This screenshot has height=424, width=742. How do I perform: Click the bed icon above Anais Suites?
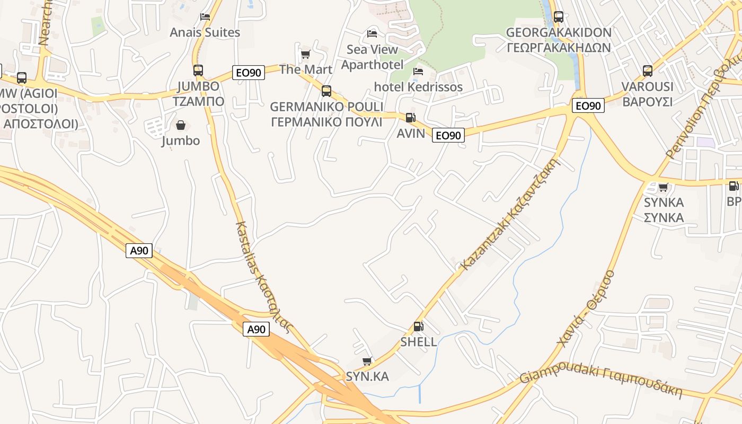click(205, 17)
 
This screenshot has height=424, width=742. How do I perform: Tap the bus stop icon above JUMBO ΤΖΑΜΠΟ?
click(198, 70)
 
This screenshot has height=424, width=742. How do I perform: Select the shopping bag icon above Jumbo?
click(181, 125)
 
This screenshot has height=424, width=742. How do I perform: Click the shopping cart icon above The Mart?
click(305, 54)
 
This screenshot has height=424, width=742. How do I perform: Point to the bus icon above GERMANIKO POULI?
click(326, 91)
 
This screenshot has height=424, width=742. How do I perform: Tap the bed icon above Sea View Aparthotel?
click(372, 34)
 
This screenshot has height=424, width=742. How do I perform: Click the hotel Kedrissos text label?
click(418, 87)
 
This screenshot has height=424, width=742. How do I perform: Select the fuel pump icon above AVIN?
click(410, 118)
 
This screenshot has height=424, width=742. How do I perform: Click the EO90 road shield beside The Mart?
click(248, 73)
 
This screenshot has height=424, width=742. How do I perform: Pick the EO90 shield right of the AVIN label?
click(448, 136)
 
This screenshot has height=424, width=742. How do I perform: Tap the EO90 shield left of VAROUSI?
click(588, 106)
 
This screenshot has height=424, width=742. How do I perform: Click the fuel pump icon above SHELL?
click(418, 326)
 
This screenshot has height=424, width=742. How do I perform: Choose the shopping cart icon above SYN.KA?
click(367, 361)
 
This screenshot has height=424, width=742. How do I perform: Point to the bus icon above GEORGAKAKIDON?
click(558, 17)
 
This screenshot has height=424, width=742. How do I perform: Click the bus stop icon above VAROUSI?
click(647, 71)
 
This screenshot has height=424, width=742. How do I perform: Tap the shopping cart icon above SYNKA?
click(663, 187)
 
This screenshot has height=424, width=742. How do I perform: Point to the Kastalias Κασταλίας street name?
click(263, 276)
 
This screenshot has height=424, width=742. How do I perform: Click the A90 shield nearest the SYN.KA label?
click(257, 329)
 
